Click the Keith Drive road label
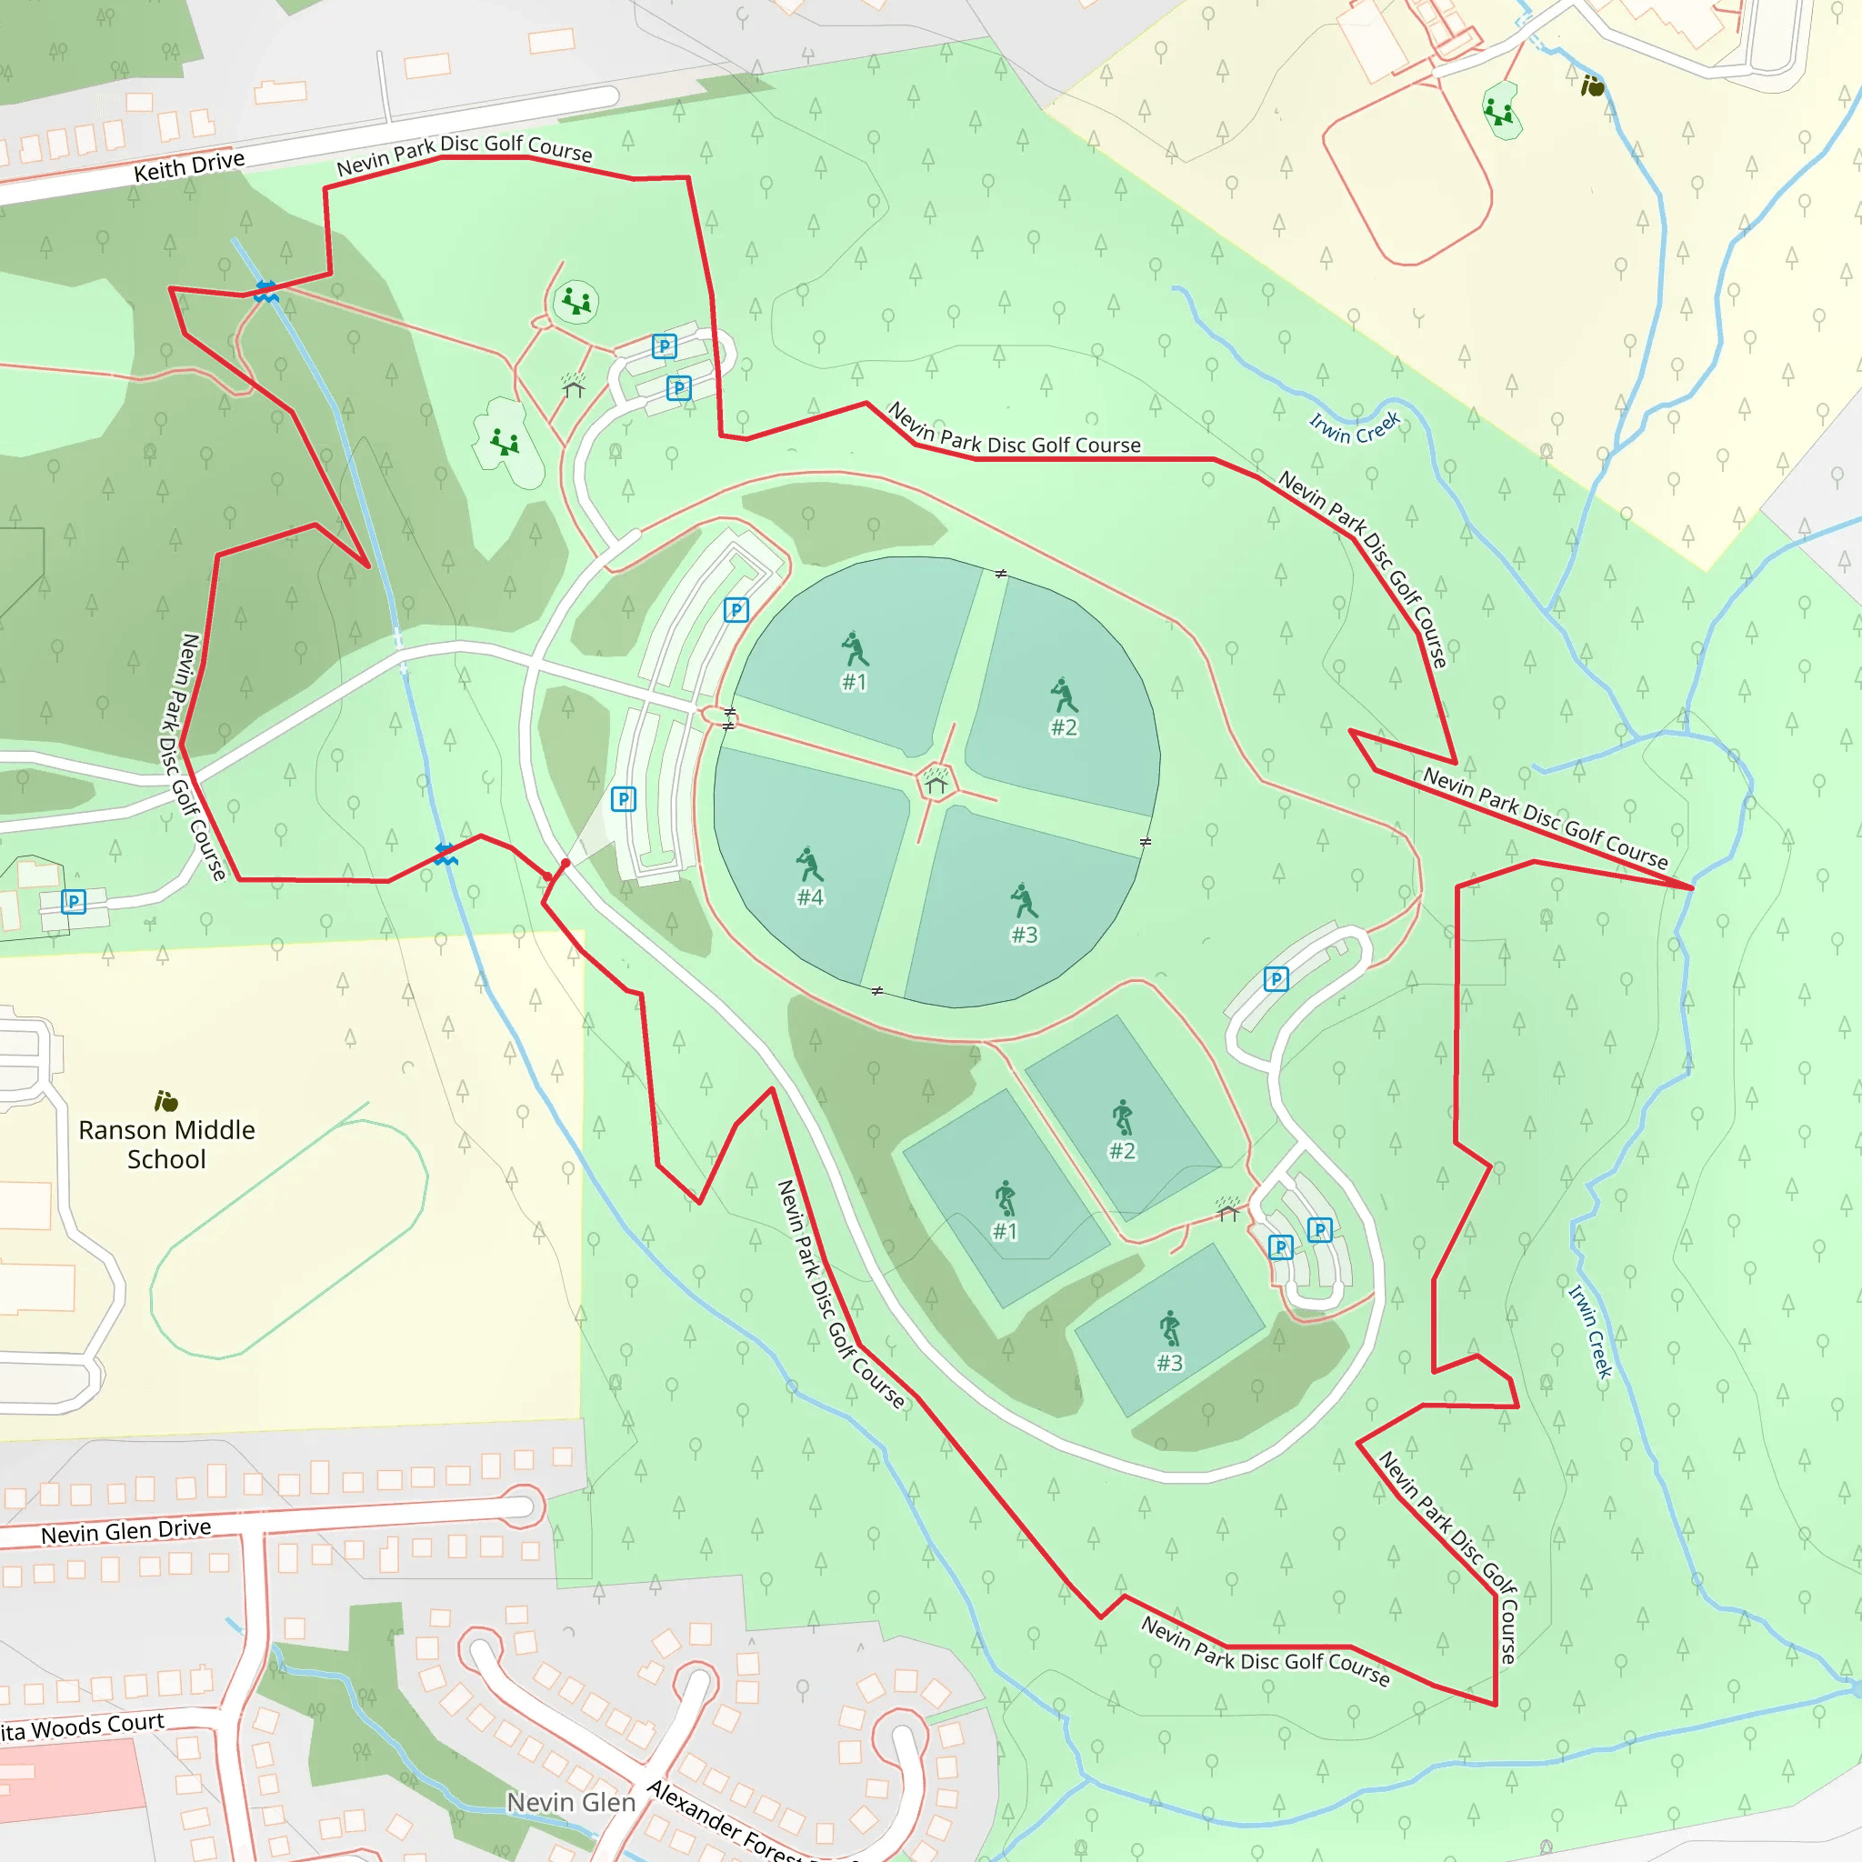pyautogui.click(x=189, y=165)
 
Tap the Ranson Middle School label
pyautogui.click(x=166, y=1144)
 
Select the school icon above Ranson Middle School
pyautogui.click(x=165, y=1101)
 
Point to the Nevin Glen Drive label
pyautogui.click(x=125, y=1530)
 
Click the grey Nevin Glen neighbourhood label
pyautogui.click(x=571, y=1801)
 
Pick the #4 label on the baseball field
pyautogui.click(x=809, y=897)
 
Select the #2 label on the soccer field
pyautogui.click(x=1122, y=1151)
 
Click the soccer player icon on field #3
pyautogui.click(x=1169, y=1328)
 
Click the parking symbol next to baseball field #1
pyautogui.click(x=736, y=609)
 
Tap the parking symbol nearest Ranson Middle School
pyautogui.click(x=74, y=901)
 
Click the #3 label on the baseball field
pyautogui.click(x=1024, y=935)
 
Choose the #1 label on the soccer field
pyautogui.click(x=1005, y=1231)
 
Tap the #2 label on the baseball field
pyautogui.click(x=1063, y=727)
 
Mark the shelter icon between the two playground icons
pyautogui.click(x=574, y=386)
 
